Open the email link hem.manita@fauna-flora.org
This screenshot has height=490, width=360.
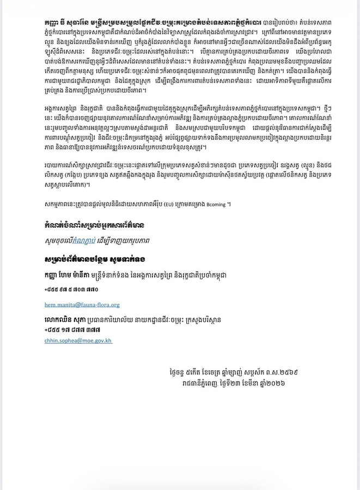pyautogui.click(x=82, y=305)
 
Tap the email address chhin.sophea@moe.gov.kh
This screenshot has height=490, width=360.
pyautogui.click(x=78, y=340)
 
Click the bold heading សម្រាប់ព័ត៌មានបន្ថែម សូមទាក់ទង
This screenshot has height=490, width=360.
pyautogui.click(x=95, y=259)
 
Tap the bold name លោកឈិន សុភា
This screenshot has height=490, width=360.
pyautogui.click(x=66, y=320)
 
